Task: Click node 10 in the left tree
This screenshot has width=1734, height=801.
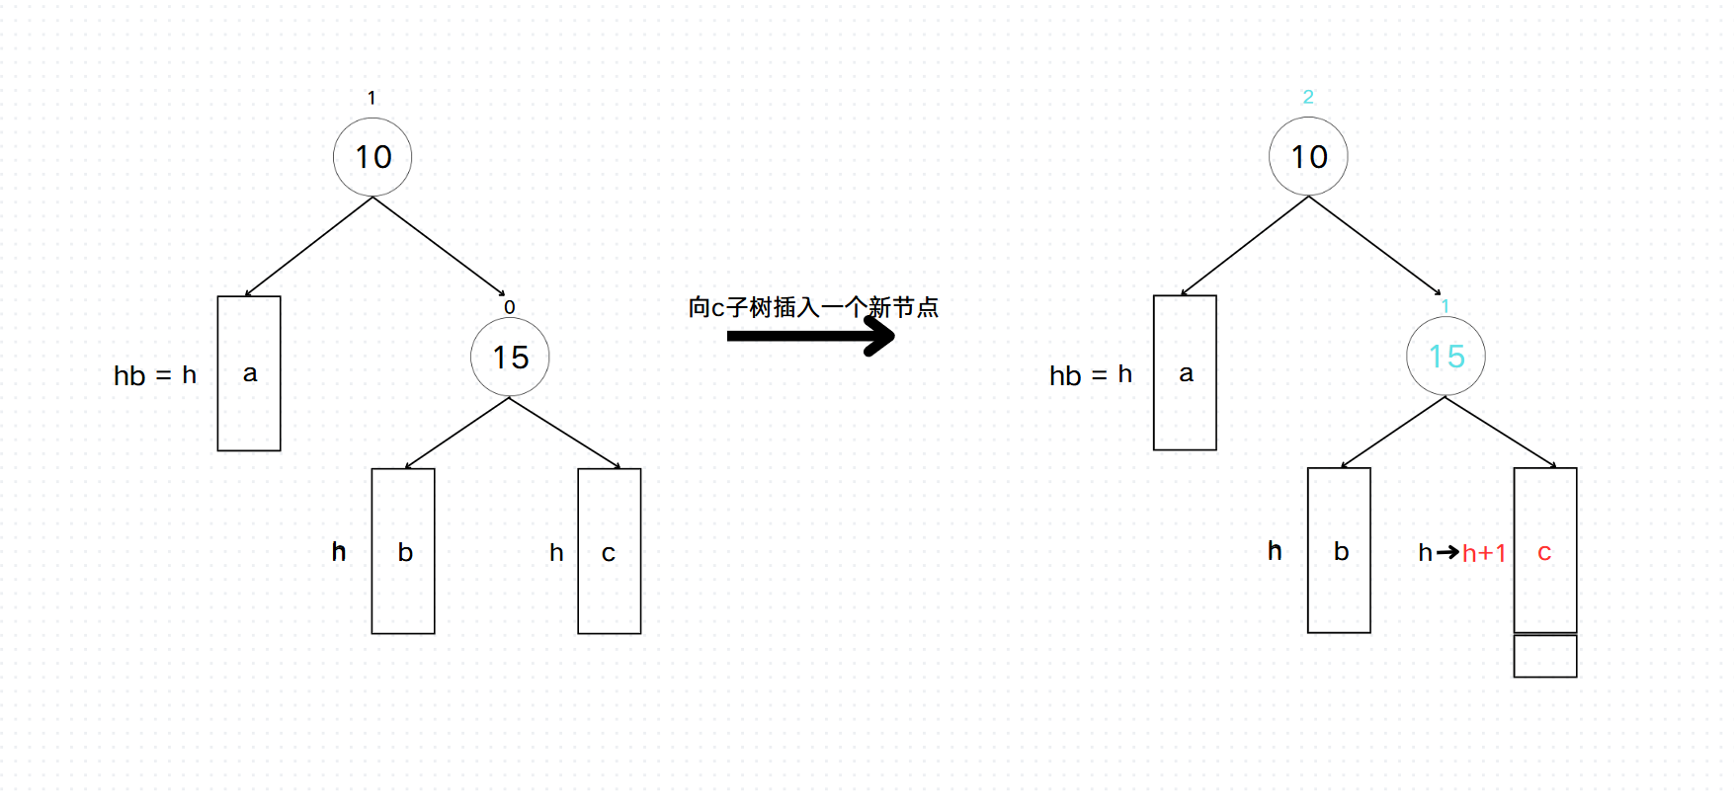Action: (x=372, y=157)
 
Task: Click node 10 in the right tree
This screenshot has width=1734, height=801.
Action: (x=1308, y=157)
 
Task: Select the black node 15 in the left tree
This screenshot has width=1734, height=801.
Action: (x=510, y=357)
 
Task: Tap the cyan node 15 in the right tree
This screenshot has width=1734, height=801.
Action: (x=1445, y=357)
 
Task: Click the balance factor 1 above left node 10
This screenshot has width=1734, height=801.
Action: (x=372, y=98)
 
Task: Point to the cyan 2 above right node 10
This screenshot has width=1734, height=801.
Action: (x=1308, y=97)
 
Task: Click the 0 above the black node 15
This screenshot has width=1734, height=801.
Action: (x=509, y=307)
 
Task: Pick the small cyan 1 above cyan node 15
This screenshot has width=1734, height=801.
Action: (x=1445, y=306)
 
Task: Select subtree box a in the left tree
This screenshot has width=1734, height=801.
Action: (x=249, y=373)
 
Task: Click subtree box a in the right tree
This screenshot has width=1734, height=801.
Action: (x=1185, y=373)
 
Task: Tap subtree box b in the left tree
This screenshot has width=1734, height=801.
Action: (x=403, y=551)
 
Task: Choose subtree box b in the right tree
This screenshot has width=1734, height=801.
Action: (x=1339, y=550)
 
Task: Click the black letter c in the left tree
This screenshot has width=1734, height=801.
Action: (x=609, y=553)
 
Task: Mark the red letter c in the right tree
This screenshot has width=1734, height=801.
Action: (x=1544, y=552)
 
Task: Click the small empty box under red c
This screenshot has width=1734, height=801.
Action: (x=1545, y=656)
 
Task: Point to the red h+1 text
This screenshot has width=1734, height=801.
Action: (x=1484, y=553)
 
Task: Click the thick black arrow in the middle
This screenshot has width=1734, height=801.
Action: (x=810, y=336)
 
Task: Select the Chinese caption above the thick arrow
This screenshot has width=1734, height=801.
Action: (x=813, y=307)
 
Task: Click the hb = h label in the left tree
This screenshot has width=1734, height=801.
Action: (x=155, y=375)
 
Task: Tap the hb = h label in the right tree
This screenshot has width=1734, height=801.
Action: (x=1091, y=375)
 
